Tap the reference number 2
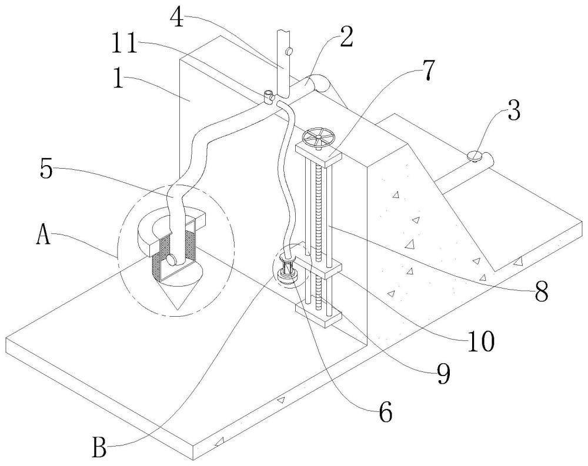coord(346,36)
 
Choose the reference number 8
coord(541,290)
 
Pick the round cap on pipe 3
coord(475,156)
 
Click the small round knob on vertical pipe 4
coord(289,51)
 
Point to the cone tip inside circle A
coord(178,310)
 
